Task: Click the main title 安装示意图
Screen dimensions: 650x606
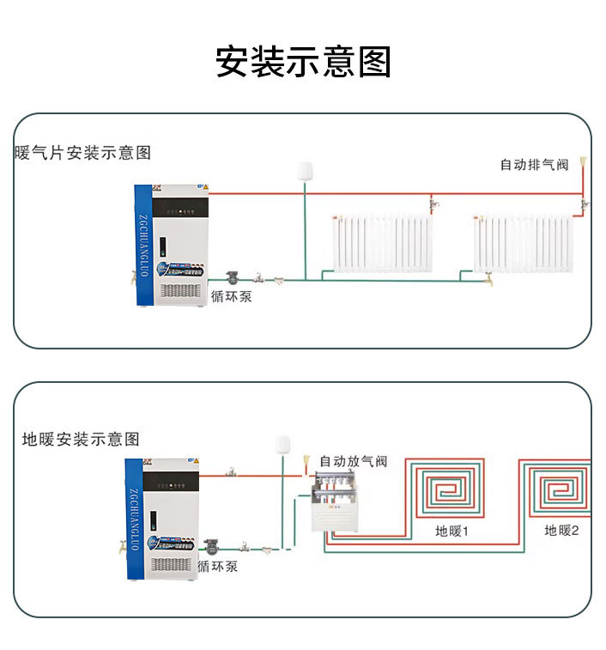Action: coord(303,62)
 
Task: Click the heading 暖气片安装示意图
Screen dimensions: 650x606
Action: coord(83,153)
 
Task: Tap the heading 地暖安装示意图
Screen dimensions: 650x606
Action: coord(81,439)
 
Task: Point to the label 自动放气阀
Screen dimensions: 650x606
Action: coord(353,461)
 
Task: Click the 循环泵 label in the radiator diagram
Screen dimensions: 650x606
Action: coord(232,297)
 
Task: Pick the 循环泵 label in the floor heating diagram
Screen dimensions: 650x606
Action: coord(217,567)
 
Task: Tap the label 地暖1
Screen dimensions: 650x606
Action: coord(452,532)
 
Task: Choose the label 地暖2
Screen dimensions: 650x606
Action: coord(562,532)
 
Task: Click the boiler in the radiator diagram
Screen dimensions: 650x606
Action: coord(172,246)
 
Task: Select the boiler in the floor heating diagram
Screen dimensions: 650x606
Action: coord(163,518)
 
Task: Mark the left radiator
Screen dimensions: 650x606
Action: coord(382,243)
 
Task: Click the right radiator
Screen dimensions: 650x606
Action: coord(523,243)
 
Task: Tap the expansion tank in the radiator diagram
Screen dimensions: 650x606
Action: coord(304,171)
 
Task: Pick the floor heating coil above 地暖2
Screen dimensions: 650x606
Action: coord(558,489)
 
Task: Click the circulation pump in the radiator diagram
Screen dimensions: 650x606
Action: coord(233,278)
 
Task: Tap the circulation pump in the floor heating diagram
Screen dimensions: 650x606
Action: coord(210,546)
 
